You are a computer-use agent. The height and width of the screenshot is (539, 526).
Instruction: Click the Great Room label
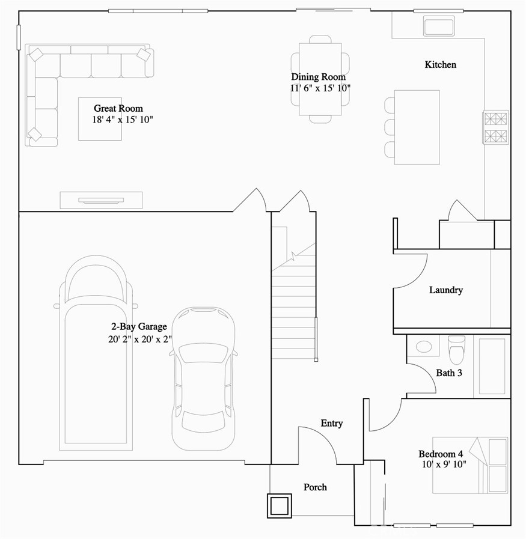(x=118, y=109)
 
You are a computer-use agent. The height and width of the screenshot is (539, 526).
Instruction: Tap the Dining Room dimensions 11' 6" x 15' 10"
(x=320, y=88)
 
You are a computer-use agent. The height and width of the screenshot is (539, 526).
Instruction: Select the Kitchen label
(x=440, y=65)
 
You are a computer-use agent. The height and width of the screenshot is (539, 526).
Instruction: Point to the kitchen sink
(x=442, y=26)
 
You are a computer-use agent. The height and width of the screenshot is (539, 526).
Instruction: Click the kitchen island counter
(x=417, y=127)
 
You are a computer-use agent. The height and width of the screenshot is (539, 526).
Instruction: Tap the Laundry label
(x=445, y=290)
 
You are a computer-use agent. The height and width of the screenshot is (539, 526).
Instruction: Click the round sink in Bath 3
(x=424, y=347)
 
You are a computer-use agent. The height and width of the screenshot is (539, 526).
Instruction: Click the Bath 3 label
(x=448, y=373)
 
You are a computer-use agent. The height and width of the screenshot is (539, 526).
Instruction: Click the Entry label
(x=331, y=424)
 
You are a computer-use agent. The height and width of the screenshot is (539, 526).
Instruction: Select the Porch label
(x=315, y=487)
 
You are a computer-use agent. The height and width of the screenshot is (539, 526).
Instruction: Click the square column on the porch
(x=280, y=505)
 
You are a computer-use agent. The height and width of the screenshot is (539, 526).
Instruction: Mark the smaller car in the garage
(x=203, y=379)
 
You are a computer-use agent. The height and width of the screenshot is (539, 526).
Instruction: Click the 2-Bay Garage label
(x=138, y=327)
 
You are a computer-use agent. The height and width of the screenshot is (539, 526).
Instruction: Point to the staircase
(x=293, y=300)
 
